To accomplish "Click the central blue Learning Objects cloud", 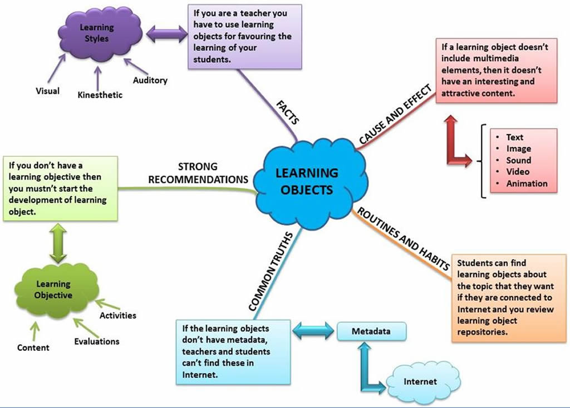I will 306,181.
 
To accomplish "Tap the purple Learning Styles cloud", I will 96,33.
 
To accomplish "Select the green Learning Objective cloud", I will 53,290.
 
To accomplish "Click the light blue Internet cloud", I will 420,381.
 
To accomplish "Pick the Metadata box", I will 371,332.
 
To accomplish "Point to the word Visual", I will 47,91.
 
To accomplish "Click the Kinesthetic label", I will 100,95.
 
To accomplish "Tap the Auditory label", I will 150,80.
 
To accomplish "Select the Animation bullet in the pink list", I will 527,183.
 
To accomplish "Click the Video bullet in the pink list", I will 518,172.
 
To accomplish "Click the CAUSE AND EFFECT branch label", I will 395,115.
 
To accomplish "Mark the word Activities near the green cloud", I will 117,315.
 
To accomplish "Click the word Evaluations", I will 96,341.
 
